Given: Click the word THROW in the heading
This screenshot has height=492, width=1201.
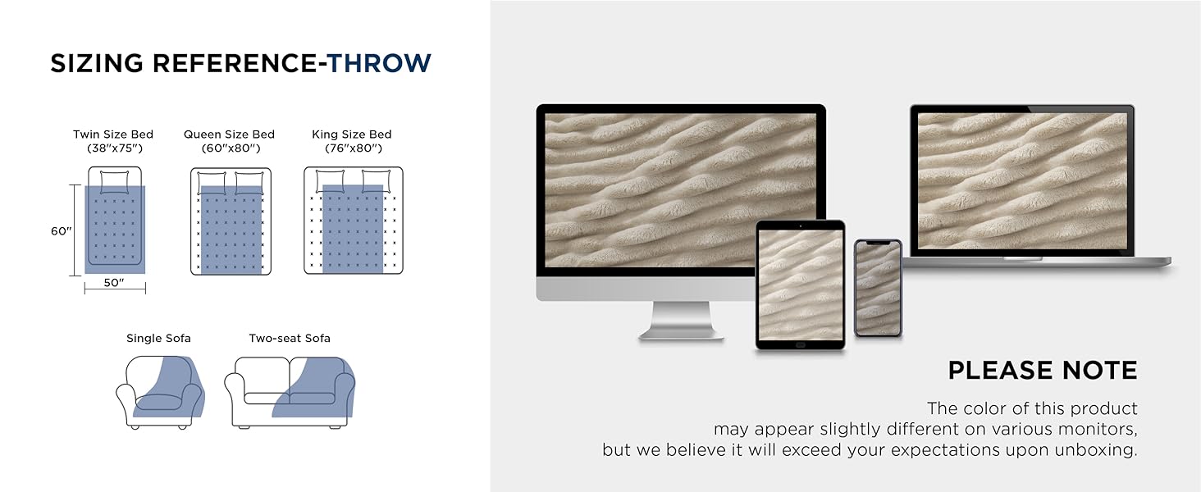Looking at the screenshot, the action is (x=379, y=63).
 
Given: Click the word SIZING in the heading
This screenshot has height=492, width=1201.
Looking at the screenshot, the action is (x=97, y=63).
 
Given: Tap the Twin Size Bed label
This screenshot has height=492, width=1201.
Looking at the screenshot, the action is (x=113, y=134).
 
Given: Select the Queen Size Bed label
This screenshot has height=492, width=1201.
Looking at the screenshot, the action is (x=229, y=134).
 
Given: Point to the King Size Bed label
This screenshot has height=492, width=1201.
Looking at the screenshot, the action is (x=352, y=134).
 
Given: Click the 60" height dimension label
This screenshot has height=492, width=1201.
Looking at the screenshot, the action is (x=62, y=231).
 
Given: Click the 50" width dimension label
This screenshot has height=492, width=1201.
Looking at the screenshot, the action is (x=114, y=282).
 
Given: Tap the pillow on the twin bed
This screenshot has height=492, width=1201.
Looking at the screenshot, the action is (x=115, y=181).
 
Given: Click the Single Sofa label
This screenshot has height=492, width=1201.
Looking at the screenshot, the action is (x=158, y=338).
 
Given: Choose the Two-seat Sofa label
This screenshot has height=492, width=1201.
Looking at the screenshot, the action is (x=290, y=338).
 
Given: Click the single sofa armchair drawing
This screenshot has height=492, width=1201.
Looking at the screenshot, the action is (x=160, y=392).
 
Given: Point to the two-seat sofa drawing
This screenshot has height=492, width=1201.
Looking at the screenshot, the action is (x=290, y=392).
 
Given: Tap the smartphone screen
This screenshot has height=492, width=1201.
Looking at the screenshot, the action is (x=878, y=289).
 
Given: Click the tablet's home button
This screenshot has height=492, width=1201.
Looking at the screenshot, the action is (x=800, y=345).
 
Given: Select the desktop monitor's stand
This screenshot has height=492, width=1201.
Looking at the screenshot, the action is (x=682, y=321).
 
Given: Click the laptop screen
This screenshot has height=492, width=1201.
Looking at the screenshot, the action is (x=1022, y=181).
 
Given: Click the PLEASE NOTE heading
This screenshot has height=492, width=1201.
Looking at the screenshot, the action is (x=1043, y=371).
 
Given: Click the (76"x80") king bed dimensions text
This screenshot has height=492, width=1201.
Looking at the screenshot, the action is (x=354, y=148).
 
